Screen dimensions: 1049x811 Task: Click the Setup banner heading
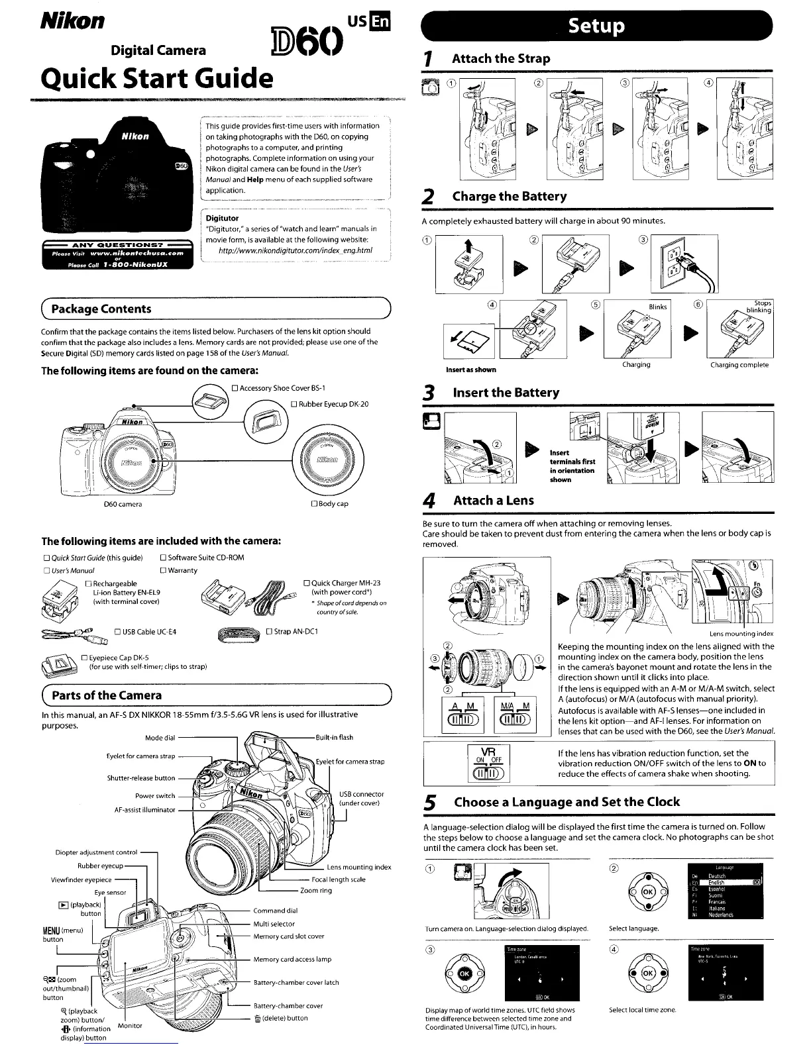point(597,26)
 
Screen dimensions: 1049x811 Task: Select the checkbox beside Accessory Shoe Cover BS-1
point(235,388)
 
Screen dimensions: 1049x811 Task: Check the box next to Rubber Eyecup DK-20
point(294,404)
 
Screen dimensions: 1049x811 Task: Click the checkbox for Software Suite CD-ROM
point(164,558)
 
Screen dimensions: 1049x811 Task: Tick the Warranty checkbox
point(164,570)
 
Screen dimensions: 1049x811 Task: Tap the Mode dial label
point(160,738)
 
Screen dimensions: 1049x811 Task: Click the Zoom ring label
point(316,891)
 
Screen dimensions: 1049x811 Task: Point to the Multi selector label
point(274,924)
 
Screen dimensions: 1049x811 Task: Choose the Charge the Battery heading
point(509,196)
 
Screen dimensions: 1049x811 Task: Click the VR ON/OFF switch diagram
point(488,763)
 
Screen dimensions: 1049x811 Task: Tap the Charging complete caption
point(739,365)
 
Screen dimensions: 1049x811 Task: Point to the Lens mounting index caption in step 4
point(741,634)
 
